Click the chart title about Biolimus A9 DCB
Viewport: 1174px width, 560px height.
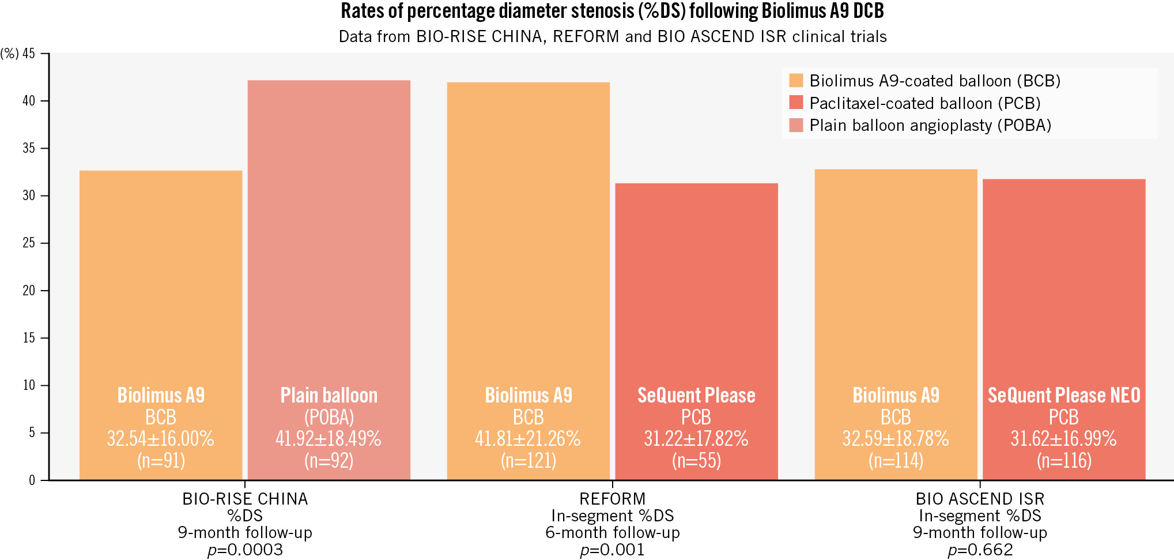point(612,12)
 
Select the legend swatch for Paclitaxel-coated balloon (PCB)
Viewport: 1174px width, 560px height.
point(796,103)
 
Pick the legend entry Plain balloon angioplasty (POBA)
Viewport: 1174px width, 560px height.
point(930,125)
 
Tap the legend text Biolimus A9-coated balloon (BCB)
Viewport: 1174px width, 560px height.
point(934,81)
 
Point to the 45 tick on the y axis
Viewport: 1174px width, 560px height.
point(29,54)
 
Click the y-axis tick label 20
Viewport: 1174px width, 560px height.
point(29,291)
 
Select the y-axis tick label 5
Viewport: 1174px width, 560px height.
point(32,433)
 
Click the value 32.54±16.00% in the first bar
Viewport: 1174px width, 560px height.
point(161,439)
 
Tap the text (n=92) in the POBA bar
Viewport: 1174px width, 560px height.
point(329,461)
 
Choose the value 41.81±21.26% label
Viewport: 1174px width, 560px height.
point(528,439)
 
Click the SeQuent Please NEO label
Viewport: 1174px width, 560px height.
point(1064,396)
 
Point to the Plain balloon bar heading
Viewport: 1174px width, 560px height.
point(329,396)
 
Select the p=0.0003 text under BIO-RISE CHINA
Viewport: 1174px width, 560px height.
point(245,550)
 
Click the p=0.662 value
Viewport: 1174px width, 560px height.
point(980,550)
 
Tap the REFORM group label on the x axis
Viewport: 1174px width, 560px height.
point(612,499)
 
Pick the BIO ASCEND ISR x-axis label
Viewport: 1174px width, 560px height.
point(980,499)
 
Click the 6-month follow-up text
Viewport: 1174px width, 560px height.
point(612,532)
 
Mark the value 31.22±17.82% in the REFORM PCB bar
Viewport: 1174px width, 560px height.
point(696,439)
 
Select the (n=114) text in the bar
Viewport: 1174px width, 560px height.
point(896,461)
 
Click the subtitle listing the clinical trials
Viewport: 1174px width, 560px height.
point(612,37)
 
